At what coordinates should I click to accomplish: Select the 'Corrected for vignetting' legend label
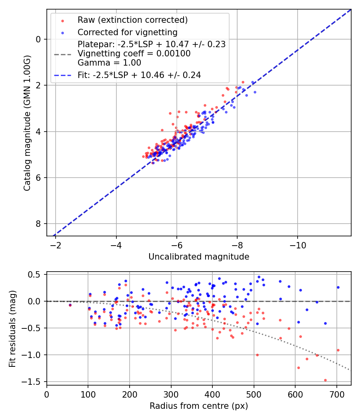(x=128, y=32)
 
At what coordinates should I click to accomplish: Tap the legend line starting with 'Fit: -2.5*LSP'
(x=139, y=75)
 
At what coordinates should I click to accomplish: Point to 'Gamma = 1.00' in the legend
(x=109, y=62)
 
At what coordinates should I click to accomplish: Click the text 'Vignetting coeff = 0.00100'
(x=134, y=53)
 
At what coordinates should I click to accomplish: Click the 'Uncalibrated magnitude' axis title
(x=199, y=257)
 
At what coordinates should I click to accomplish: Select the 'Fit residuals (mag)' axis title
(x=12, y=328)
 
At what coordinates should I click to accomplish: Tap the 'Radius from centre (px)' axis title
(x=199, y=406)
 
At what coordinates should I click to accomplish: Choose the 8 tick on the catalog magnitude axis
(x=39, y=224)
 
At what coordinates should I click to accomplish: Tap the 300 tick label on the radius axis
(x=171, y=394)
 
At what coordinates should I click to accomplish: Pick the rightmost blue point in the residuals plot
(x=338, y=287)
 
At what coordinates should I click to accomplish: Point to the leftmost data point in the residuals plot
(x=70, y=305)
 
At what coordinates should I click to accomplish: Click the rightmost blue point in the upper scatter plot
(x=255, y=92)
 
